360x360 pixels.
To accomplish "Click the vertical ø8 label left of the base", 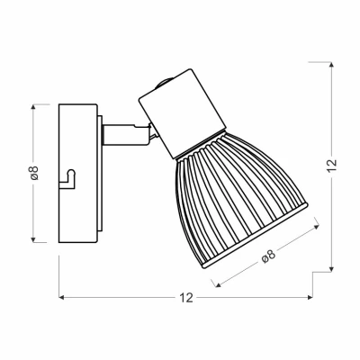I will pyautogui.click(x=33, y=173).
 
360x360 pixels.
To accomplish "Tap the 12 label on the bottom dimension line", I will pyautogui.click(x=184, y=298).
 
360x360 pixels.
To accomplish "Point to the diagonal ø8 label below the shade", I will pyautogui.click(x=267, y=257).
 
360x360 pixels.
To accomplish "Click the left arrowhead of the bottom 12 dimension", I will pyautogui.click(x=62, y=298).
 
